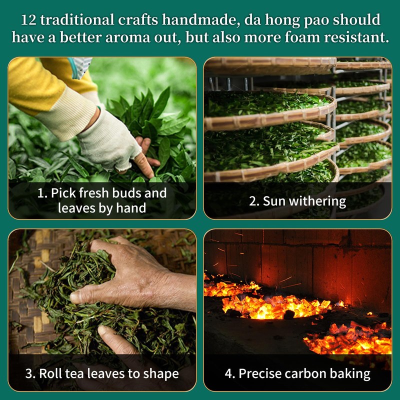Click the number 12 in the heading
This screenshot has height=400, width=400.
tap(29, 20)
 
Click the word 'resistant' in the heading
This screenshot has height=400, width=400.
tap(356, 37)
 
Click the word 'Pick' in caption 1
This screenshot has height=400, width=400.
tap(61, 193)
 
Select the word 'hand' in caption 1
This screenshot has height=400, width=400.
tap(131, 208)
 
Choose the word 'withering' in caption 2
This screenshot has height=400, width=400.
tap(317, 201)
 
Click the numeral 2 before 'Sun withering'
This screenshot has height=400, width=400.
tap(253, 201)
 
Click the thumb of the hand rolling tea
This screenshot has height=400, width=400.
tap(84, 296)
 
